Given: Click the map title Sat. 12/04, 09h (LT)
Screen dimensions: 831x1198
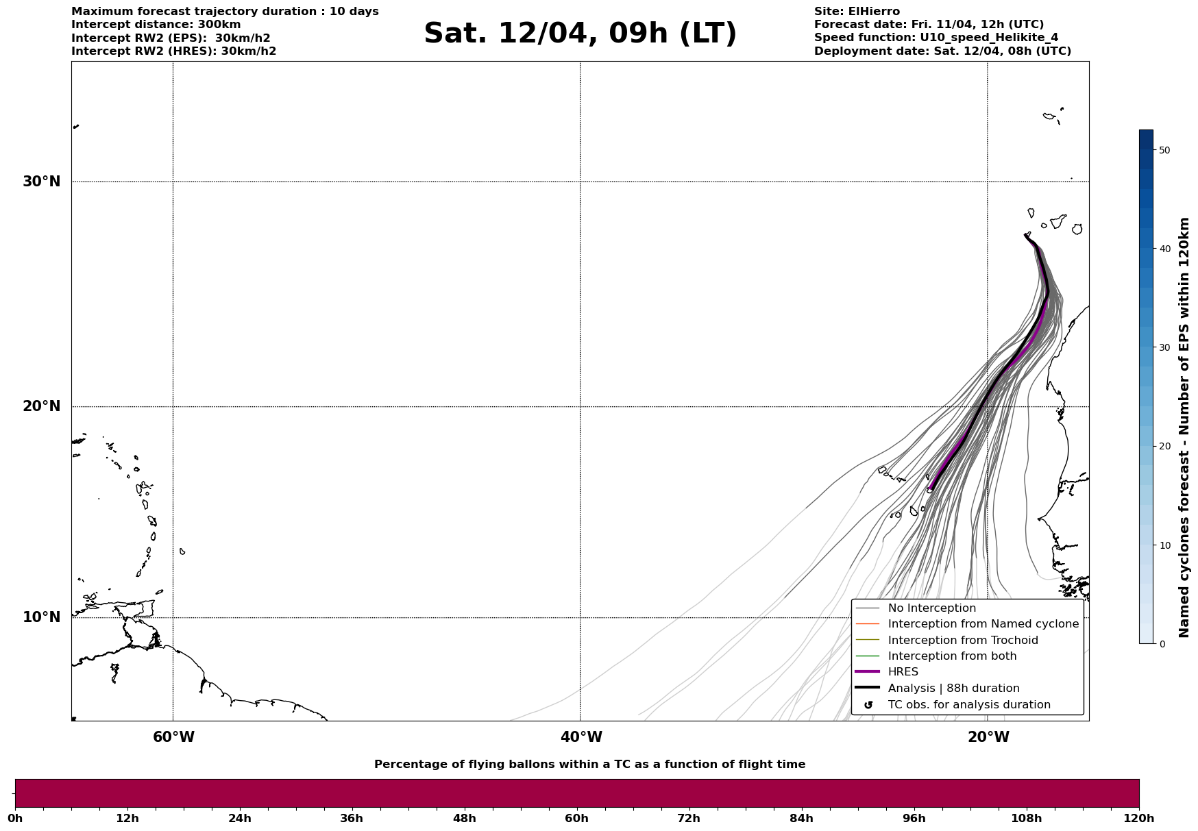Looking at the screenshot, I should [x=580, y=34].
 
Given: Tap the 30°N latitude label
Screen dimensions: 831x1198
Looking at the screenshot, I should [x=41, y=182].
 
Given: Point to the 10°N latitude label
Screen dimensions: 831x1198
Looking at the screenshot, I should [x=41, y=617].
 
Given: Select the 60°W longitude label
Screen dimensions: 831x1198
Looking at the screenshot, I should [x=173, y=737].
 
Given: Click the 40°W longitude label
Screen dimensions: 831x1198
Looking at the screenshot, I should [x=581, y=737].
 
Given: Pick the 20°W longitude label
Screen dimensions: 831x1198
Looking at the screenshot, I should [x=988, y=737].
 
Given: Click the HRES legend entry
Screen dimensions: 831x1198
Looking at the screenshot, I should [x=903, y=672].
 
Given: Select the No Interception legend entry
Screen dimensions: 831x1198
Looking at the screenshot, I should [x=931, y=608].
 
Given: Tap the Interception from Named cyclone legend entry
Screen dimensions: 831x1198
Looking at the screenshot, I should [x=983, y=624].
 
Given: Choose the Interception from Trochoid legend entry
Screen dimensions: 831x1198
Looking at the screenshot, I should [x=962, y=641].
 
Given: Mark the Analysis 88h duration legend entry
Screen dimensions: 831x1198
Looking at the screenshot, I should [x=953, y=689].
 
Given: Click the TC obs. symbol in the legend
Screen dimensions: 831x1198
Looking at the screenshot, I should [x=868, y=705].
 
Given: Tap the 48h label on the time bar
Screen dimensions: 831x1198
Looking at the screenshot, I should [x=464, y=819].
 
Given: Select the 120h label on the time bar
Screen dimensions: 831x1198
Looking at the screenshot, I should [x=1139, y=819].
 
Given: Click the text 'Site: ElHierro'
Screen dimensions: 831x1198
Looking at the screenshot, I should [x=857, y=12].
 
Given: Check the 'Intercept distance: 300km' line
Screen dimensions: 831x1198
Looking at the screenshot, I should [x=156, y=25].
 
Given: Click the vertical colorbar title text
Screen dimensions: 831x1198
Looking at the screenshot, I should [x=1184, y=427].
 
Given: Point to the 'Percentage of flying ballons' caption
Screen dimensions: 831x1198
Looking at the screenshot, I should [x=589, y=765].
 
